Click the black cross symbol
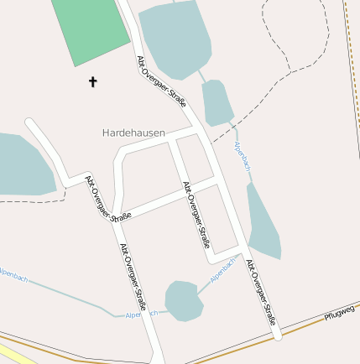[x=92, y=81]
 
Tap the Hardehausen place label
[x=133, y=133]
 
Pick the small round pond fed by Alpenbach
[x=184, y=299]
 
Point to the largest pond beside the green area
[x=176, y=38]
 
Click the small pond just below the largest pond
[x=217, y=101]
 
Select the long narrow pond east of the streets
[x=263, y=222]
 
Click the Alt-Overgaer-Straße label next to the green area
[x=161, y=82]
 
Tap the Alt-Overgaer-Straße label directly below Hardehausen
[x=195, y=215]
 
